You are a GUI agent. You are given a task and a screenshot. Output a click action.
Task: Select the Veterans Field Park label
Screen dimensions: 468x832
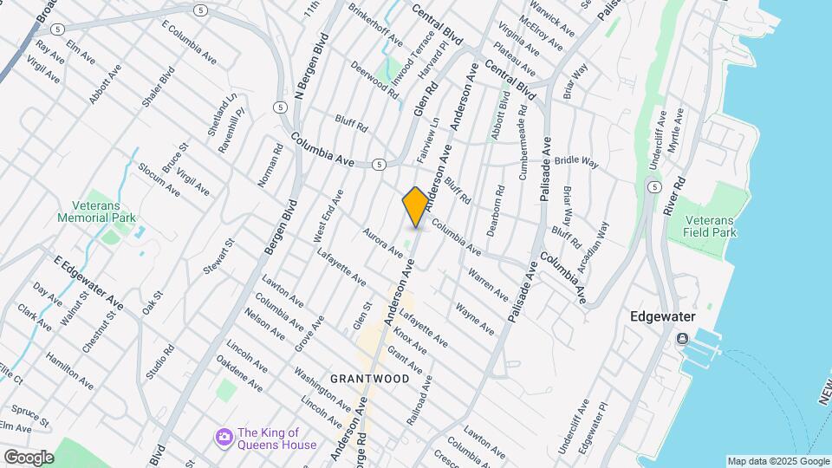point(709,226)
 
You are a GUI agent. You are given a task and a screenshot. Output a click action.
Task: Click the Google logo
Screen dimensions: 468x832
point(29,458)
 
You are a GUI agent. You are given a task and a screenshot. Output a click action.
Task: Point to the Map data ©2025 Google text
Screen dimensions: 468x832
point(777,461)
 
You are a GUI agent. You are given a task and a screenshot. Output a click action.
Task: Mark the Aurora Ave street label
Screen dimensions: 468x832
point(382,244)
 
